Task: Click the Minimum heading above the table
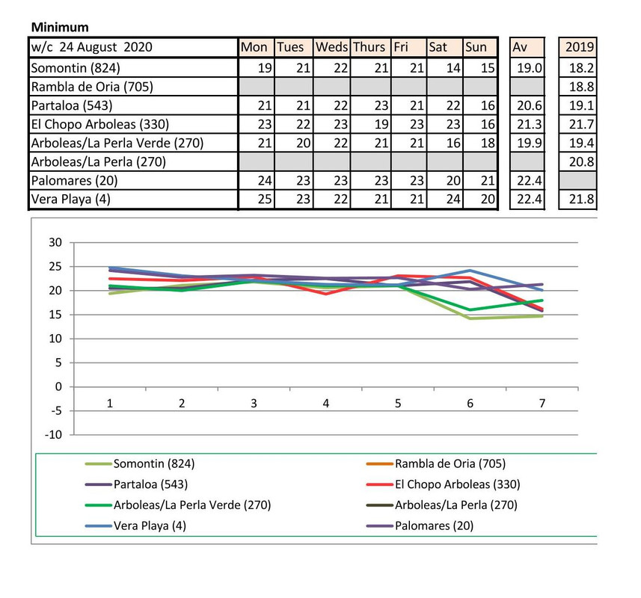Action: (x=60, y=27)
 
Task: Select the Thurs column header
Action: (x=369, y=46)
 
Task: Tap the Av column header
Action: (x=521, y=46)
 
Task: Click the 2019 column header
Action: (x=580, y=46)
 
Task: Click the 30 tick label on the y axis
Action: (x=53, y=242)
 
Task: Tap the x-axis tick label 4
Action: (x=325, y=403)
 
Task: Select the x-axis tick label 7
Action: (x=542, y=403)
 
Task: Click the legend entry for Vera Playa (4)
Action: (x=150, y=525)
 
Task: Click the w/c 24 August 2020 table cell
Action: (x=91, y=46)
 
